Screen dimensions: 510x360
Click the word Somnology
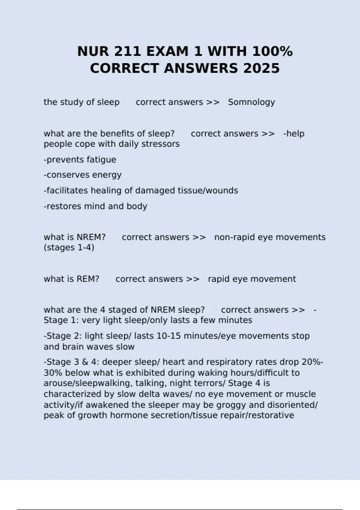pos(251,102)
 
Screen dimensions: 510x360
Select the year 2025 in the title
pos(261,68)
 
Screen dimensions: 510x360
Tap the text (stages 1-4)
pos(69,248)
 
